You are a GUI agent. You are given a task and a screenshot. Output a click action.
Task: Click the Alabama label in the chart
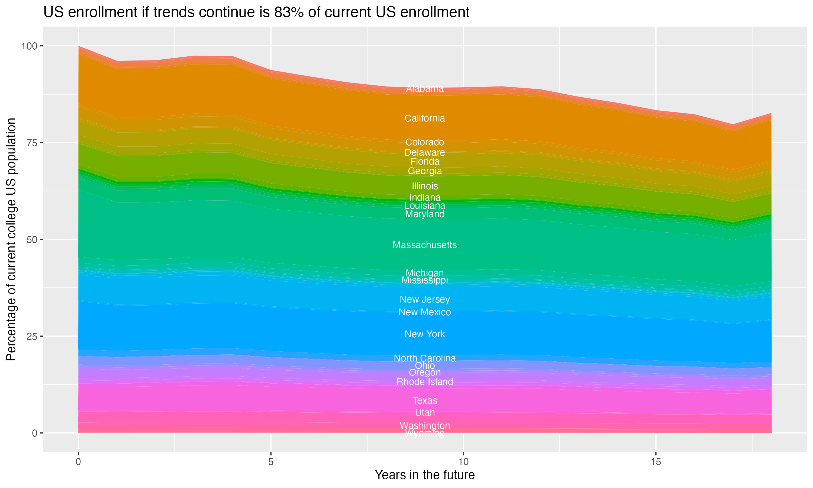tap(425, 88)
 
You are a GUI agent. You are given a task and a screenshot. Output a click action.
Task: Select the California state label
tap(425, 118)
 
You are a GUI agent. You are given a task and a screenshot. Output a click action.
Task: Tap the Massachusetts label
tap(425, 245)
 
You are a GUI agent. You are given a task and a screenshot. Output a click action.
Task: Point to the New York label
tap(425, 334)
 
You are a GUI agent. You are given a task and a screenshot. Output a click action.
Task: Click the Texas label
tap(425, 400)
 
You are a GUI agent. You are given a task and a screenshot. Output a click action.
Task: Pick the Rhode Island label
tap(425, 382)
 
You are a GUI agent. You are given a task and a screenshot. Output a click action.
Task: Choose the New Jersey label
tap(425, 300)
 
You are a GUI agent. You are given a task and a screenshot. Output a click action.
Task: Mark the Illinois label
tap(425, 186)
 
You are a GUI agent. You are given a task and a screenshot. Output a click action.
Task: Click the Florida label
tap(425, 162)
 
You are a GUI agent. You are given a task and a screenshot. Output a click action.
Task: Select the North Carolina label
tap(425, 358)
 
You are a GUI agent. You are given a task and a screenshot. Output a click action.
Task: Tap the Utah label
tap(425, 412)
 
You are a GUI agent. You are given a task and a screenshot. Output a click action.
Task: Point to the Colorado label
tap(425, 142)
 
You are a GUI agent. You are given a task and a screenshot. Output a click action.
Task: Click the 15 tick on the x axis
tap(656, 462)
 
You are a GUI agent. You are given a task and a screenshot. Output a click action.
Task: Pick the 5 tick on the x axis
tap(271, 462)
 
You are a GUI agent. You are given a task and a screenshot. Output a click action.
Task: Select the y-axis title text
tap(11, 239)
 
